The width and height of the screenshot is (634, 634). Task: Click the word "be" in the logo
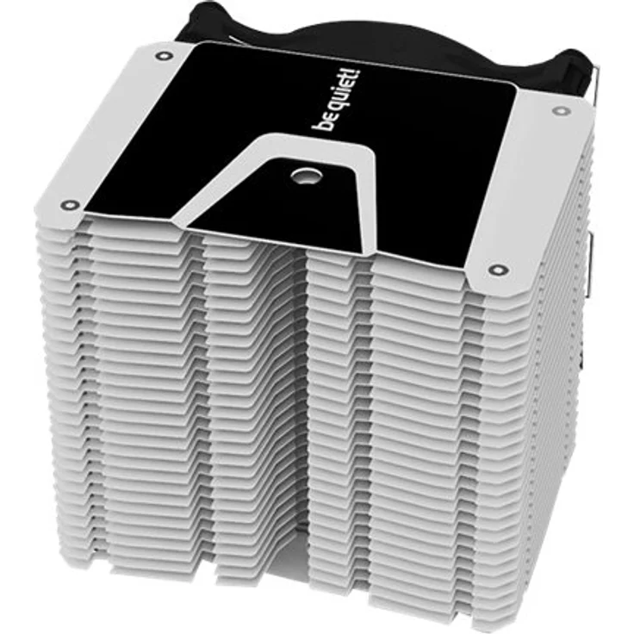tap(324, 122)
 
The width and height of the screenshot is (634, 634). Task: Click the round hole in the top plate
tap(307, 176)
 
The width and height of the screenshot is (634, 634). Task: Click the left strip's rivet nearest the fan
tap(164, 55)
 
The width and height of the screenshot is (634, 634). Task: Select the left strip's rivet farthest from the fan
tap(70, 205)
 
